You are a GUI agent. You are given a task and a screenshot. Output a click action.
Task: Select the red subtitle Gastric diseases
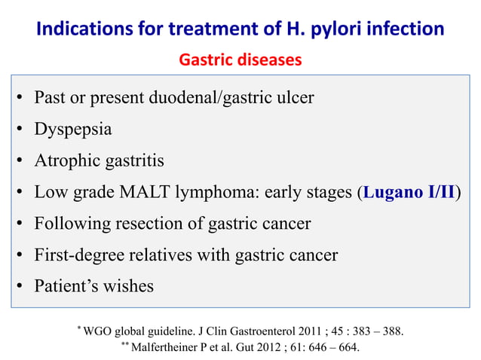[240, 59]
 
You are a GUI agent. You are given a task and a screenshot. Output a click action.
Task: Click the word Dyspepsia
[73, 129]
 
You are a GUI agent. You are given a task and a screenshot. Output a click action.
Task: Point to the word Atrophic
[65, 160]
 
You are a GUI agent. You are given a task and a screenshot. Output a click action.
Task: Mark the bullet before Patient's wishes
[20, 288]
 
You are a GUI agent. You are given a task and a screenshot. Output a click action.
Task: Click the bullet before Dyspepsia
[20, 130]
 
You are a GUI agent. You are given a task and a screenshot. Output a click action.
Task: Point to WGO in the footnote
[99, 332]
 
